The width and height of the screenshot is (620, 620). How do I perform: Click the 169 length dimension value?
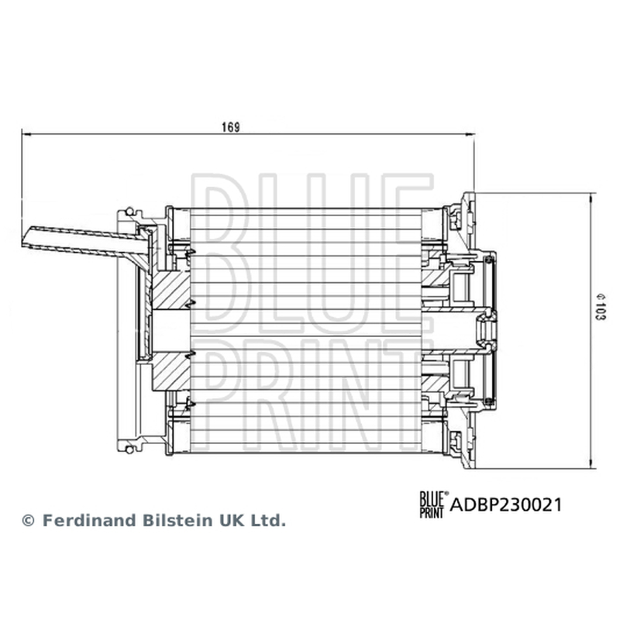pyautogui.click(x=230, y=127)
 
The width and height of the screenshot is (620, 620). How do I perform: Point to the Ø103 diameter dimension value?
pyautogui.click(x=600, y=306)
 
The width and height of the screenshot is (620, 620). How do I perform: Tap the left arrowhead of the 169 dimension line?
pyautogui.click(x=26, y=134)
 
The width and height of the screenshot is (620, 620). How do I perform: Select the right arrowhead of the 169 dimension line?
pyautogui.click(x=470, y=134)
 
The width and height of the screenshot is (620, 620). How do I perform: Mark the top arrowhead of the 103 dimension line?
pyautogui.click(x=592, y=198)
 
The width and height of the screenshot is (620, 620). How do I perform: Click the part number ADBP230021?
pyautogui.click(x=506, y=505)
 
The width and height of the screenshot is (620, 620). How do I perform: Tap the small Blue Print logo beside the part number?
pyautogui.click(x=434, y=505)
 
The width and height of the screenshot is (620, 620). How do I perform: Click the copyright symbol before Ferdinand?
pyautogui.click(x=28, y=521)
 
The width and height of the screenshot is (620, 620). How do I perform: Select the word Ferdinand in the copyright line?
pyautogui.click(x=88, y=520)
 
